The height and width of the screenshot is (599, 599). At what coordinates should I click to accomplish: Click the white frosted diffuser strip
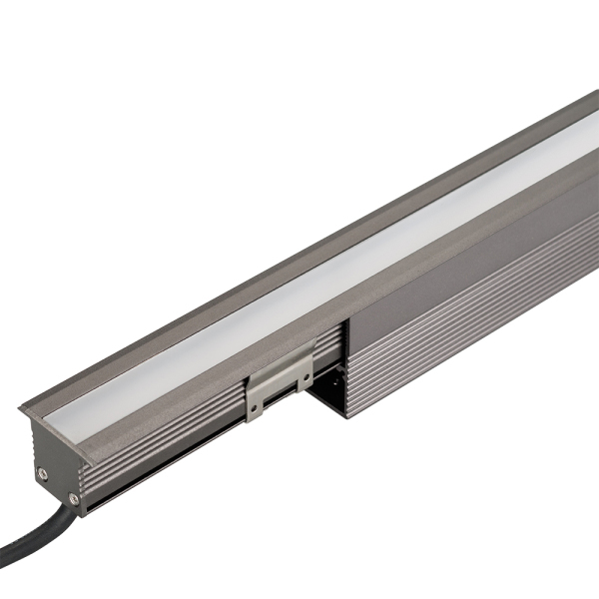point(299,290)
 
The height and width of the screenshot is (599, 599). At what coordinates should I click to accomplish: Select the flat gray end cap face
point(55,474)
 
